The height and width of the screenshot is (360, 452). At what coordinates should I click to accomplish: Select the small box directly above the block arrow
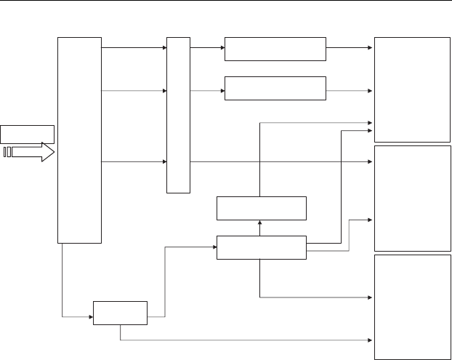[28, 134]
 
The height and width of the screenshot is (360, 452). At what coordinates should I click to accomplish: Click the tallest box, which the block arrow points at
[79, 139]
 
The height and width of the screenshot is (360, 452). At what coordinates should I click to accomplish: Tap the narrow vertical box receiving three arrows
[178, 114]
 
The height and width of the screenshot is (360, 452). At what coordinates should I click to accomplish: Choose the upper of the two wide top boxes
[275, 49]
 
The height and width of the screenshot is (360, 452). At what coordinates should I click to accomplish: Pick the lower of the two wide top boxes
[275, 88]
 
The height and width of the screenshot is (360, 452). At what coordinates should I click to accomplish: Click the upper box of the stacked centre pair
[262, 208]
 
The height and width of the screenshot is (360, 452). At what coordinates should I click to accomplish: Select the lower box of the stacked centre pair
[262, 247]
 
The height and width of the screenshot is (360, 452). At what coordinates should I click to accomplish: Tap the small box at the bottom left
[120, 313]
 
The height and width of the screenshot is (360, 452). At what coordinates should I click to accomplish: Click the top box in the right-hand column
[412, 89]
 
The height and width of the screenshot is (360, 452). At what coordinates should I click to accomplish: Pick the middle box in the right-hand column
[412, 198]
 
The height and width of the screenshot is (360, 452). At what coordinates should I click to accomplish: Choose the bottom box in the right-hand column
[412, 306]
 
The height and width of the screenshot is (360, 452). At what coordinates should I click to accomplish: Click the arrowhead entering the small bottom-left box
[90, 317]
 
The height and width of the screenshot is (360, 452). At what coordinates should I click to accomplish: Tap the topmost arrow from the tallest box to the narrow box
[134, 48]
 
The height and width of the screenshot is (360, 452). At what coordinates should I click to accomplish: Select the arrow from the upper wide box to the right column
[349, 48]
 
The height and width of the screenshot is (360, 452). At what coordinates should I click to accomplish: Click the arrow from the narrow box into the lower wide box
[207, 91]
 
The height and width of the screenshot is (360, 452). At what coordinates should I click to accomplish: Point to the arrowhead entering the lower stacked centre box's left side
[214, 247]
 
